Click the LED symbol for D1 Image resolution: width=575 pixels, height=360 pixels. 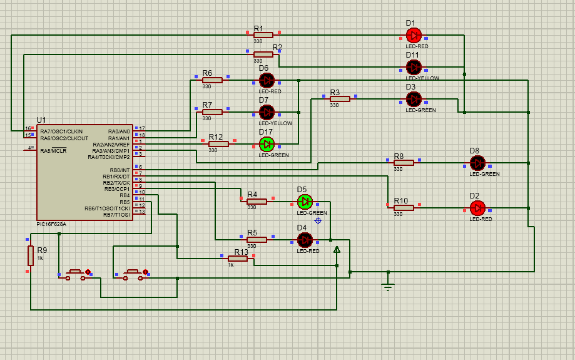(414, 35)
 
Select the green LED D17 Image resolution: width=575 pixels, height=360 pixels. (267, 144)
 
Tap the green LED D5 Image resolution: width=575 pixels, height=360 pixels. (305, 202)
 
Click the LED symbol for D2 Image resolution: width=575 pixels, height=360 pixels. (477, 208)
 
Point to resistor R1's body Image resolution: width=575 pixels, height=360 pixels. (263, 35)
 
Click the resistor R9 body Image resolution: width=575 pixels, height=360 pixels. (31, 255)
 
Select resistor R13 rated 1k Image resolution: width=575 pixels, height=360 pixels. (238, 259)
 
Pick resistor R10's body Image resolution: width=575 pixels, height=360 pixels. (404, 208)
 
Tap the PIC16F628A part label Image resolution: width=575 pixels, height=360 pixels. (51, 224)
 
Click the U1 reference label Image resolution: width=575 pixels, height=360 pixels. (41, 120)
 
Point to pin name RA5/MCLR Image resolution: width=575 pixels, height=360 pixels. (53, 151)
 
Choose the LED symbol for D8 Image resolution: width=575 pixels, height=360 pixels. (477, 163)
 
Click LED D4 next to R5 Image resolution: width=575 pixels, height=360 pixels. (305, 240)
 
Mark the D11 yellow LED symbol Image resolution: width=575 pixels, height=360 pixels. (414, 67)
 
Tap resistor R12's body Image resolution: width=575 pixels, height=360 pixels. (218, 144)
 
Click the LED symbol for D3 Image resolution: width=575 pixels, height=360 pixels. (414, 99)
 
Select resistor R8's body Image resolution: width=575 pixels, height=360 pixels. (404, 163)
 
